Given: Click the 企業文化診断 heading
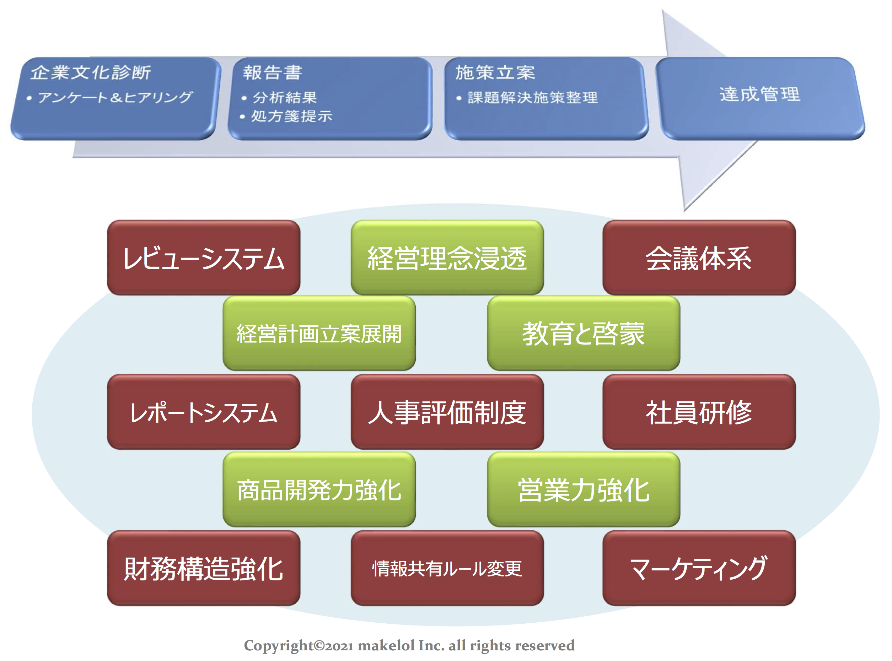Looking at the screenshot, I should [x=91, y=73].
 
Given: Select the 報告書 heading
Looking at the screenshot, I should [x=272, y=73].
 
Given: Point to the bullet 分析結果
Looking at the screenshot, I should [x=285, y=98].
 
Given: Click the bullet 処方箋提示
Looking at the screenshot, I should [x=291, y=117].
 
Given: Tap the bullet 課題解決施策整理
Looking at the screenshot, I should [x=532, y=98].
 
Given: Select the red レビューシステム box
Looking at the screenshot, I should [x=203, y=258].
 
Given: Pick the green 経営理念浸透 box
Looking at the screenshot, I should [x=447, y=258].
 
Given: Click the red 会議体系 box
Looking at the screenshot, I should [x=699, y=258].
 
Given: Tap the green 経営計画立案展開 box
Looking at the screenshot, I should [x=319, y=334].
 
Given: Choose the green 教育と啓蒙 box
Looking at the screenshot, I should [x=583, y=334].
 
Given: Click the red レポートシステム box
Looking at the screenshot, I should [x=203, y=412].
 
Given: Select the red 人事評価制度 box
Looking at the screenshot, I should [x=447, y=412].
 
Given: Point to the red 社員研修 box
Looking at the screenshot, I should [x=699, y=412].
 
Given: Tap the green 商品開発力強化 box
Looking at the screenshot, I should [x=319, y=490].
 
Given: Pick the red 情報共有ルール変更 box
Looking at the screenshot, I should [x=447, y=568].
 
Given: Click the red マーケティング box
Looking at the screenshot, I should [x=699, y=568].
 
